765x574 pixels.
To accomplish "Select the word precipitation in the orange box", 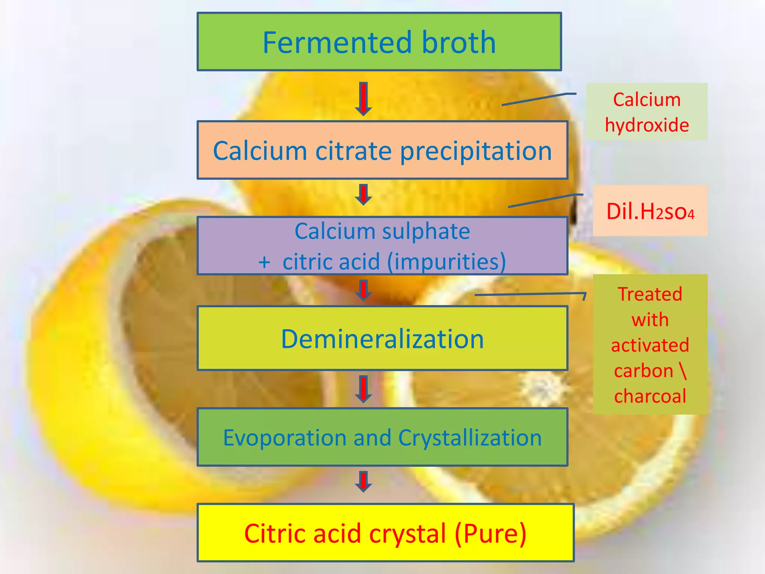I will point(476,151).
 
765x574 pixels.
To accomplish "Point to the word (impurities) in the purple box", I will point(447,262).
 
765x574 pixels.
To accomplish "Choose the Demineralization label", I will point(382,339).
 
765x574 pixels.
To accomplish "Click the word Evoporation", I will point(285,438).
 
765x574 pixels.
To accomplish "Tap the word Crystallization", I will point(470,438).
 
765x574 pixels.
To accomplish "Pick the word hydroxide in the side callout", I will point(647,125).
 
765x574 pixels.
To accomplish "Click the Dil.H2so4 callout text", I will point(650,212).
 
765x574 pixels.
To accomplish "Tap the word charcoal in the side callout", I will point(650,396).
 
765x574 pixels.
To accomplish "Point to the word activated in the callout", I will point(650,345).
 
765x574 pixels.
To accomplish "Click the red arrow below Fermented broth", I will point(363,99).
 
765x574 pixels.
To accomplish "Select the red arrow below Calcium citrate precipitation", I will point(363,194).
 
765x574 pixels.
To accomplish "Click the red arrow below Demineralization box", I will point(363,389).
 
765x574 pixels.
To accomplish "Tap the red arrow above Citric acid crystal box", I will point(363,481).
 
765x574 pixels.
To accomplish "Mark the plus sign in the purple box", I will point(264,262).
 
